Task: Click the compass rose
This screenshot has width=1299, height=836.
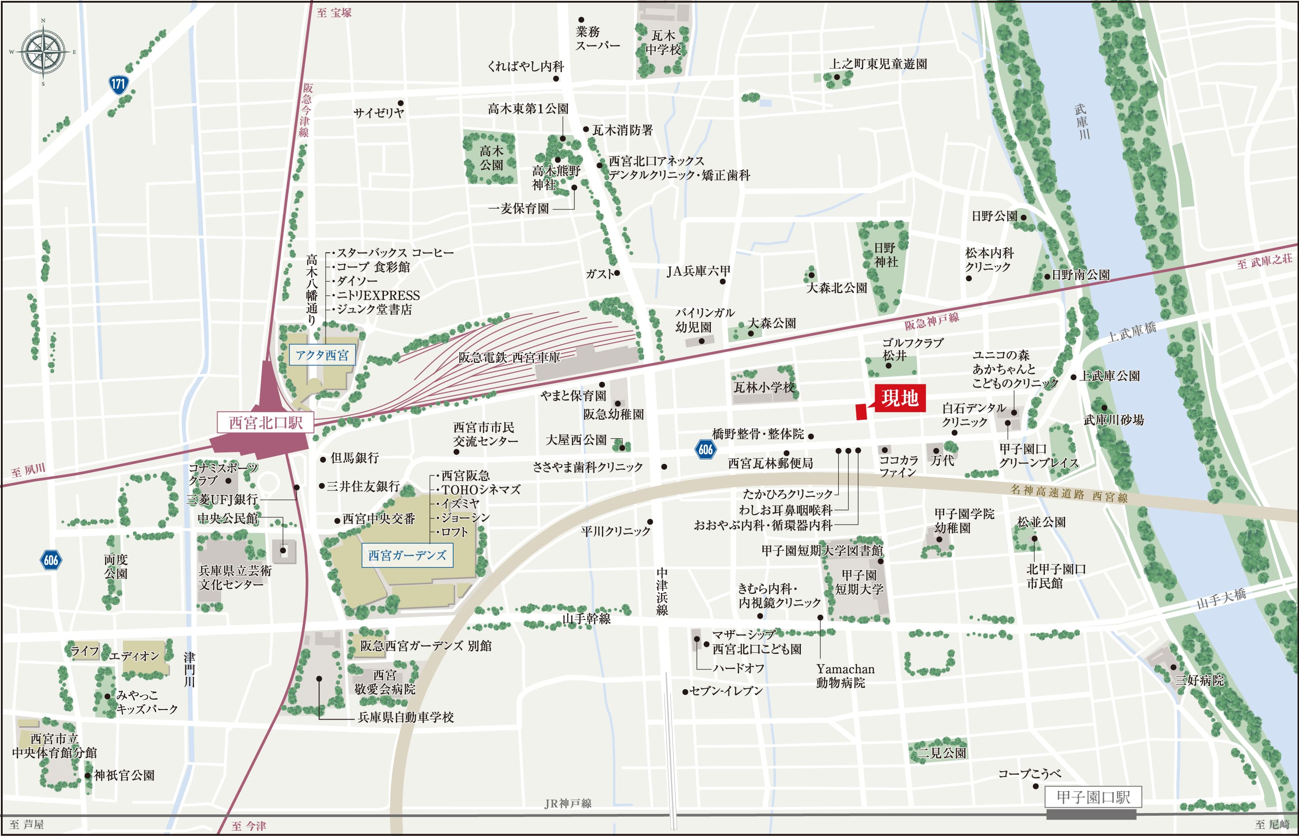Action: (43, 52)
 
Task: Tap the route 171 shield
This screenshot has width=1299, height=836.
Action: (118, 84)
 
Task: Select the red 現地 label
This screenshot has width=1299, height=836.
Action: (899, 398)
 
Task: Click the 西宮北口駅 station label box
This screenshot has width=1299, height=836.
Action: (265, 422)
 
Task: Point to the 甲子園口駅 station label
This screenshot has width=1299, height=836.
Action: (1093, 797)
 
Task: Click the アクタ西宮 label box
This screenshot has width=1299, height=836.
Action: (322, 355)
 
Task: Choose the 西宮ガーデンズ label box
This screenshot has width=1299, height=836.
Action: (407, 555)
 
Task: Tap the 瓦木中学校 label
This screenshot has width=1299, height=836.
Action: (663, 43)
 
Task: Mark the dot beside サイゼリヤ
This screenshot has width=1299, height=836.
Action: (401, 103)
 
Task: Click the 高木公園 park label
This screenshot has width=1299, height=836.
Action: (491, 157)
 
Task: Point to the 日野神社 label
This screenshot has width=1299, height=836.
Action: (885, 254)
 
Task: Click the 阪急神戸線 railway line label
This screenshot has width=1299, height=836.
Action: (931, 321)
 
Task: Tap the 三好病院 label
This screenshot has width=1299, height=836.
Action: (1200, 680)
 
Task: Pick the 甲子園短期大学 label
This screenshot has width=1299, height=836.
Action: (859, 582)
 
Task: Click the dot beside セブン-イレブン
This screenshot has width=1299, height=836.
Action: (685, 692)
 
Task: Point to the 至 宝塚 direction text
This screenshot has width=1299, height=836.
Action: (334, 12)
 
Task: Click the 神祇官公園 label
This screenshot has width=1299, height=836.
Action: (124, 775)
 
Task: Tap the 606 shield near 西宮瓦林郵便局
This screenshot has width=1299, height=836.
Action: (705, 449)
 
